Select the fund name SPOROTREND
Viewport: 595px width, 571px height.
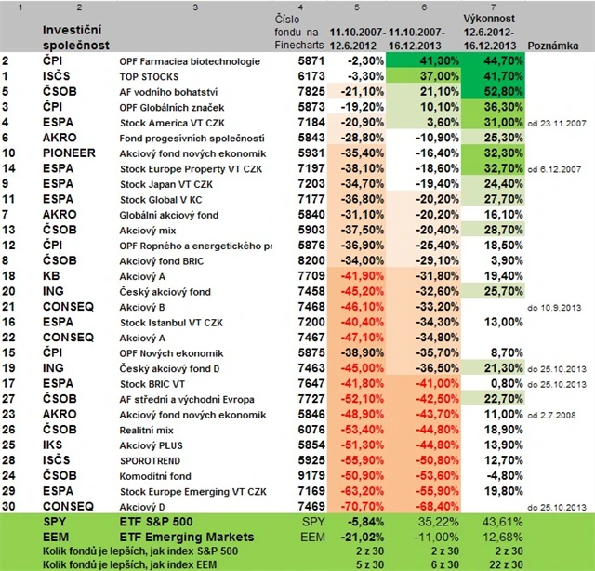151,458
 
